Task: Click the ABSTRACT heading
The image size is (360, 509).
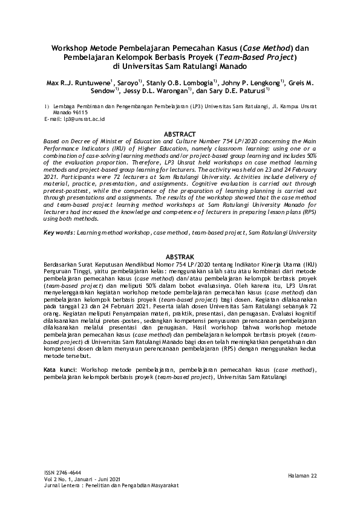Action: (x=180, y=134)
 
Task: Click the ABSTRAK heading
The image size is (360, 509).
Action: (x=180, y=258)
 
